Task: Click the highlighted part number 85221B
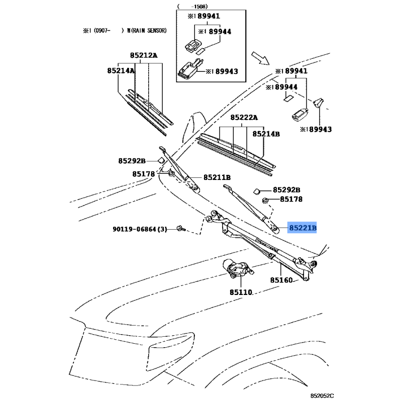(303, 228)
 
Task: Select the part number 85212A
(143, 55)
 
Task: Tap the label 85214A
(121, 71)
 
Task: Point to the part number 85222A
(244, 117)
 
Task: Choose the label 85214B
(266, 134)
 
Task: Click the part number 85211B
(217, 177)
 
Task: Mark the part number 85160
(281, 280)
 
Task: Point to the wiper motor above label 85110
(236, 270)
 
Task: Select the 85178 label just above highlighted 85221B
(291, 199)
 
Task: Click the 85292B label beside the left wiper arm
(132, 161)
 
